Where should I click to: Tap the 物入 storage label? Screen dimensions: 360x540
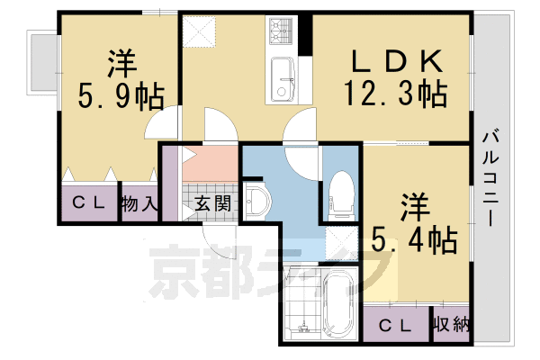tap(139, 203)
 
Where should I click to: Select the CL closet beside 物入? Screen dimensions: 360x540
tap(88, 203)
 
